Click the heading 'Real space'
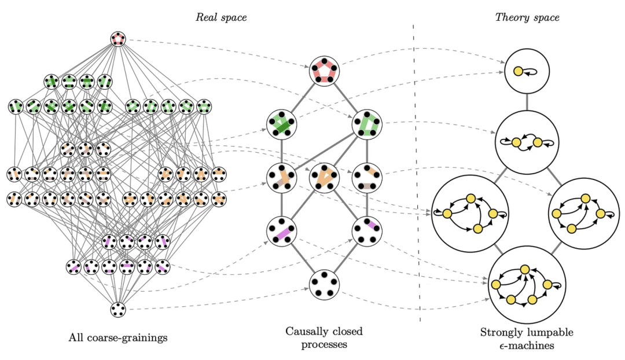[220, 17]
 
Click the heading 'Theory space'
[527, 17]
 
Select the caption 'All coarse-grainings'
[118, 337]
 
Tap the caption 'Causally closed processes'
[323, 337]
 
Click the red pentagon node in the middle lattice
[324, 71]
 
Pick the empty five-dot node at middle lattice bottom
[324, 284]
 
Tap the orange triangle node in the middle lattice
[324, 177]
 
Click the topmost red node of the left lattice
[118, 39]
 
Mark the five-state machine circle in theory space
[526, 284]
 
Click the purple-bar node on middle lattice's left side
[281, 231]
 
